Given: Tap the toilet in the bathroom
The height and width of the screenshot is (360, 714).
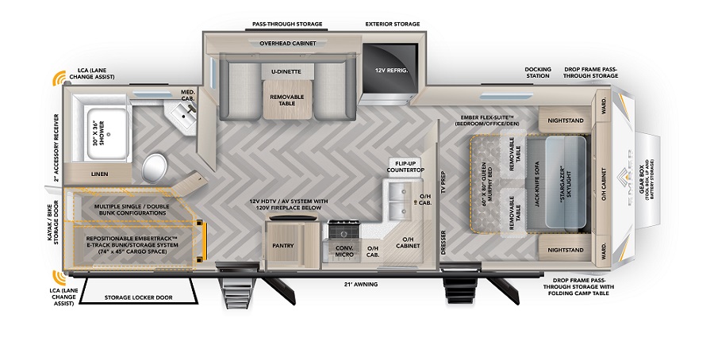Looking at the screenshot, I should (x=155, y=167).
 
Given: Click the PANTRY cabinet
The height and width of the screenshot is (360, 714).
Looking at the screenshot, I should (x=284, y=245).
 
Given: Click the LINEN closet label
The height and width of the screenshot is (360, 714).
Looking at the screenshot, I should (x=99, y=174).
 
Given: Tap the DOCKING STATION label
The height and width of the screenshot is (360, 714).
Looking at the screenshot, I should (x=538, y=73).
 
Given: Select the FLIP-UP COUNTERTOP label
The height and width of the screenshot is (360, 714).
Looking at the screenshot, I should (x=405, y=167).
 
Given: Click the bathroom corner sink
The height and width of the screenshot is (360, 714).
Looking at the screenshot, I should (x=184, y=118).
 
